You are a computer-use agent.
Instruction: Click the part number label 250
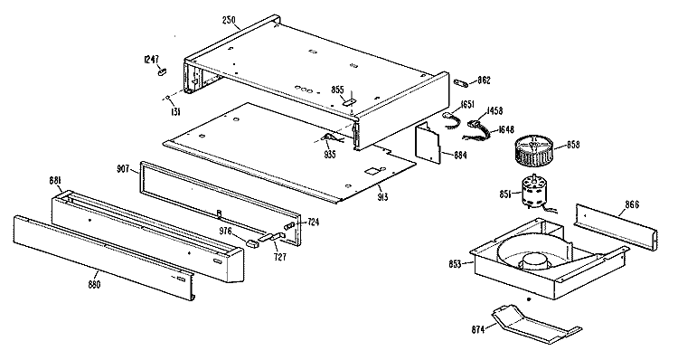(x=229, y=20)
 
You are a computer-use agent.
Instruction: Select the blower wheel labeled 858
(x=532, y=150)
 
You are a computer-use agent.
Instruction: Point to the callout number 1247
(x=151, y=60)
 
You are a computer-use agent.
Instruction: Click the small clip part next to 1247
(x=163, y=71)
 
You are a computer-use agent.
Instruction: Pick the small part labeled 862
(x=459, y=81)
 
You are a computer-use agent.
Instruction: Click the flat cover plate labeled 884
(x=428, y=142)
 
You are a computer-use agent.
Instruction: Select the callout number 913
(x=382, y=197)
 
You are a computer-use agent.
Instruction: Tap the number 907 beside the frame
(x=123, y=169)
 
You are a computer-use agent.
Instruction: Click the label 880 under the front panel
(x=94, y=284)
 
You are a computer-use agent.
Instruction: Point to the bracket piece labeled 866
(x=616, y=228)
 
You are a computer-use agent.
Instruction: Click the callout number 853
(x=455, y=264)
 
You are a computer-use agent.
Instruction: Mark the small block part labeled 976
(x=252, y=243)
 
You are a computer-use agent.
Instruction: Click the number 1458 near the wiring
(x=494, y=111)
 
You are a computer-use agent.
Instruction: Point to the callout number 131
(x=175, y=112)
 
